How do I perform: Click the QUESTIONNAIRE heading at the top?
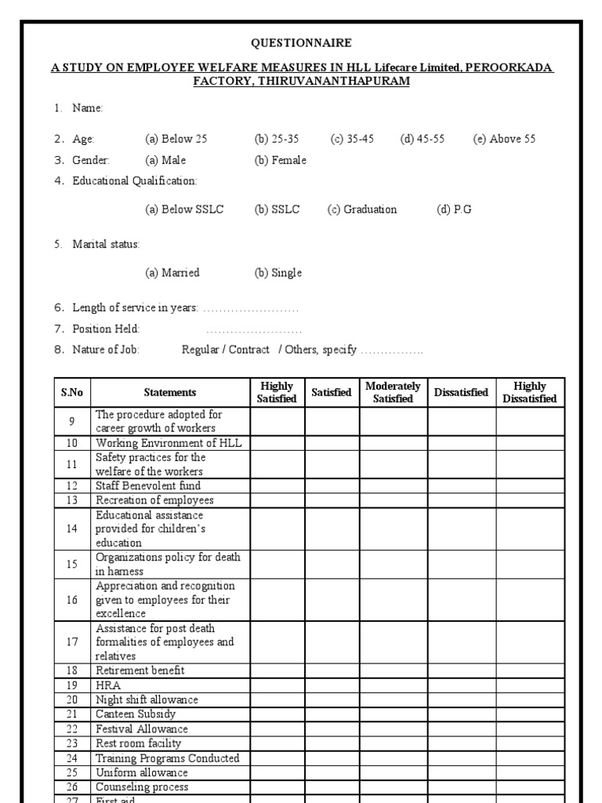(302, 43)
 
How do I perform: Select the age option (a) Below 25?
(176, 139)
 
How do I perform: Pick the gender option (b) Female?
(280, 160)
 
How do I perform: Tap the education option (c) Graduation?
(362, 209)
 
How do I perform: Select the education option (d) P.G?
(455, 209)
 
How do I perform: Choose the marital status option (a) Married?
(172, 273)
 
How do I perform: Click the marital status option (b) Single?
(277, 273)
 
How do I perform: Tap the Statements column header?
(170, 392)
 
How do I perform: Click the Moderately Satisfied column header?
(393, 392)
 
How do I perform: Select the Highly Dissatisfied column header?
(530, 392)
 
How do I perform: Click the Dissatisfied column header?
(461, 392)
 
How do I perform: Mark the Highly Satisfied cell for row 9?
(277, 421)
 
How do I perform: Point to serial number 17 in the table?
(72, 641)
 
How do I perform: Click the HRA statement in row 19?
(108, 685)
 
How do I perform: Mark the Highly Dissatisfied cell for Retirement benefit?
(530, 670)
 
